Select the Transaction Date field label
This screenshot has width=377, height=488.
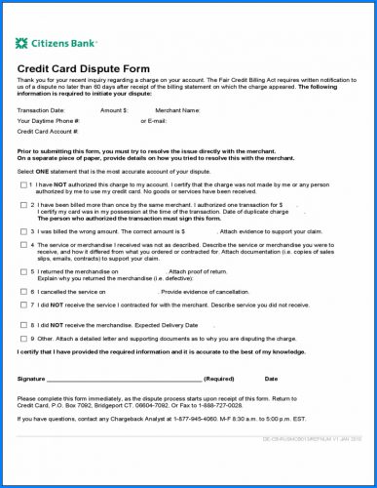[x=41, y=110]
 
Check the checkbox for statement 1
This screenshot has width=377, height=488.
[x=23, y=183]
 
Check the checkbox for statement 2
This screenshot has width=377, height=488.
[x=23, y=206]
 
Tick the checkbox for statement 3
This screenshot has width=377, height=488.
[x=23, y=231]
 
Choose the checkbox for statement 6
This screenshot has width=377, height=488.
[x=23, y=291]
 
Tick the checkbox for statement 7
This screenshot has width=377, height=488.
[x=23, y=304]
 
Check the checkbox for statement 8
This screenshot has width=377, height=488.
[x=23, y=324]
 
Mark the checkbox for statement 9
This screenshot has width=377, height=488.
[x=23, y=338]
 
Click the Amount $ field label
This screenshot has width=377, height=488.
[x=114, y=110]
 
